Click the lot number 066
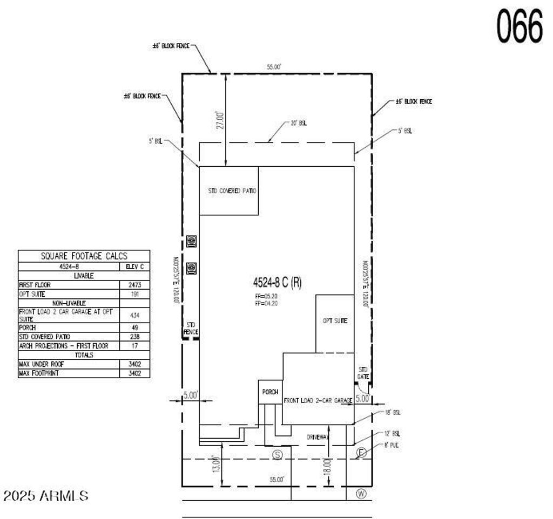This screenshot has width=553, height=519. [520, 26]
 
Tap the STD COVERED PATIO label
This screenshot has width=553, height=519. [232, 191]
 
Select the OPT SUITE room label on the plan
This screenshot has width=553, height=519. [335, 321]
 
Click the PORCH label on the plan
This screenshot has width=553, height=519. [269, 392]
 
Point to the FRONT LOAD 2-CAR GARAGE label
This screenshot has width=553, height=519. [318, 401]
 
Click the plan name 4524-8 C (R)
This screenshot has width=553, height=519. [277, 282]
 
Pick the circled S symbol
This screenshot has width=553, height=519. [278, 454]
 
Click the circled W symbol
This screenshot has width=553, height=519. [361, 493]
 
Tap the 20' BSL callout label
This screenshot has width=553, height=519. [299, 123]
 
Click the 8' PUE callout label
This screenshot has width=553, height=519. [392, 446]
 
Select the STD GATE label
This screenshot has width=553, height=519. [363, 372]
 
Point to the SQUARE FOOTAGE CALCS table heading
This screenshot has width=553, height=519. [84, 256]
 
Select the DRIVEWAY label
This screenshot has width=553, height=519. [318, 437]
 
